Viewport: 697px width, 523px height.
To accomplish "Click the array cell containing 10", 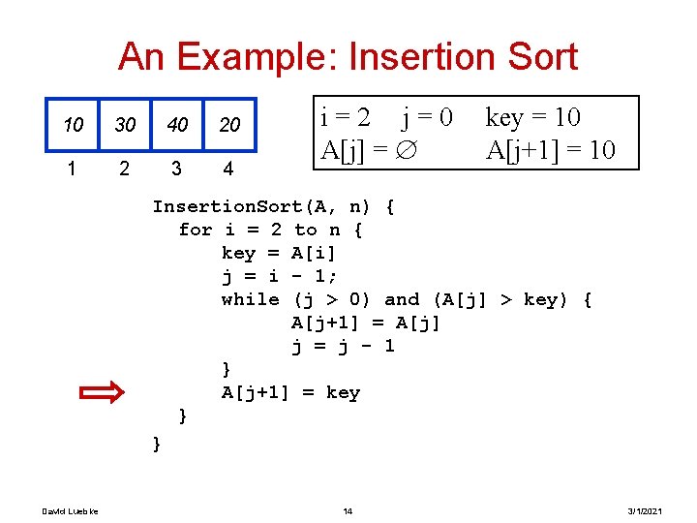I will tap(73, 125).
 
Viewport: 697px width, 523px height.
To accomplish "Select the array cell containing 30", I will tap(125, 125).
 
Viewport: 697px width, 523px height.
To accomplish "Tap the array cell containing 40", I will tap(177, 125).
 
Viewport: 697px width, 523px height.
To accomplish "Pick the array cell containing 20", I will tap(229, 125).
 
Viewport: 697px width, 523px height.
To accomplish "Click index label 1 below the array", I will tap(72, 169).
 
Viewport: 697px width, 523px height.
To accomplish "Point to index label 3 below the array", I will tap(175, 169).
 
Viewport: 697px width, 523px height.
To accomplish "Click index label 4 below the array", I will tap(227, 169).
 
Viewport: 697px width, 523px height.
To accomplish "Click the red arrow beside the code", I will tap(101, 392).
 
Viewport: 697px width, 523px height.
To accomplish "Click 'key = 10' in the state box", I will tap(532, 118).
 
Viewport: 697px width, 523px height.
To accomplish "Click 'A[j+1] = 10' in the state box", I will tap(550, 151).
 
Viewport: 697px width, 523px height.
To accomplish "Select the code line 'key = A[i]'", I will tap(279, 253).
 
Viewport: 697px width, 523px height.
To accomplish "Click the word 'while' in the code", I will tap(251, 299).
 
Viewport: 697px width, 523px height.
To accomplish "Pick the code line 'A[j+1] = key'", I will tap(290, 392).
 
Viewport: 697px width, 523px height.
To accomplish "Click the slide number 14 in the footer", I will tap(348, 510).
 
